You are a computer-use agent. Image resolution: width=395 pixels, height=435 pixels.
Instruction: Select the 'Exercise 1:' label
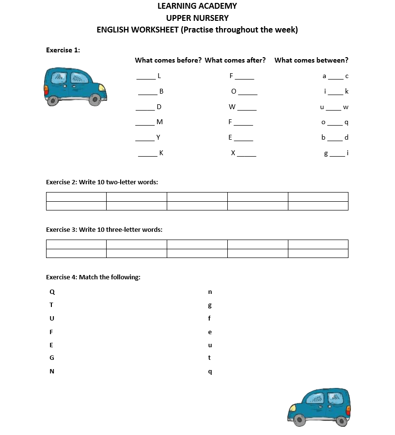click(x=63, y=50)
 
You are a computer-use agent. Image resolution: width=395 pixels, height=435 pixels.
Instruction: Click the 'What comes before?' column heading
click(x=168, y=60)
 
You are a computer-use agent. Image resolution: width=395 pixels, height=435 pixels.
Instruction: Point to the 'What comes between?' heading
click(x=311, y=60)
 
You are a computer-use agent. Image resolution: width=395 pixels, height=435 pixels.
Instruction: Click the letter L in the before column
click(x=159, y=76)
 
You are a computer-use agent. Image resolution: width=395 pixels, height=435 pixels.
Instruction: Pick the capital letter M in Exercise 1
click(x=159, y=122)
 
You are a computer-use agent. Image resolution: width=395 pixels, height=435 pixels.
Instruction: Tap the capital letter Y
click(x=158, y=137)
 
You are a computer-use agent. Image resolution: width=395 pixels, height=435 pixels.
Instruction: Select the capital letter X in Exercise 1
click(x=233, y=153)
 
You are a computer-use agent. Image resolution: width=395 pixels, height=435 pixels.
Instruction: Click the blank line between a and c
click(x=335, y=77)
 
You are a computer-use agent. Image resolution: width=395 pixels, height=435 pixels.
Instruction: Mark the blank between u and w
click(x=333, y=108)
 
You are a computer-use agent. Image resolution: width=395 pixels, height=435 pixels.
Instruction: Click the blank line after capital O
click(x=248, y=93)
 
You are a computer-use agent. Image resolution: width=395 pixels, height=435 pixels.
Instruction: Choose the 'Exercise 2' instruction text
click(x=102, y=182)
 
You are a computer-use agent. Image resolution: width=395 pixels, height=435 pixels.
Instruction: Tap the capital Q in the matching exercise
click(x=52, y=292)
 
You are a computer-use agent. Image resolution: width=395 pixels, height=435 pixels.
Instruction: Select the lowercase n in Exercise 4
click(x=210, y=292)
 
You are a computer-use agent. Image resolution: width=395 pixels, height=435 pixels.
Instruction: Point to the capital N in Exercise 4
click(x=52, y=371)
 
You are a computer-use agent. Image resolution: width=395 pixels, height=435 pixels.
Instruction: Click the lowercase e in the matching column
click(x=210, y=332)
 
